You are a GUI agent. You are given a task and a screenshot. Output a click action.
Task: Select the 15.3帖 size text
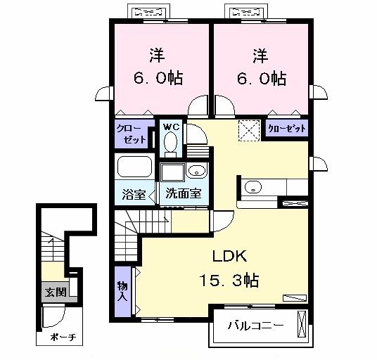point(230,280)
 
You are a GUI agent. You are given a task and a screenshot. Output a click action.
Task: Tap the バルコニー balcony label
point(256,326)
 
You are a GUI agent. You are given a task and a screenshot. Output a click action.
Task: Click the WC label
point(171,127)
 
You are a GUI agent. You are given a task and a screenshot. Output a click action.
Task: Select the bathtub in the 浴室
point(134,168)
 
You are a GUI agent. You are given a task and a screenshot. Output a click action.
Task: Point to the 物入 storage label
point(122,290)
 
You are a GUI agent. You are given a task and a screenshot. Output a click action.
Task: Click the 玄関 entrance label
point(53,292)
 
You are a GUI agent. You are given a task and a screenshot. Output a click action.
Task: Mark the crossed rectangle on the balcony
point(302,326)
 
